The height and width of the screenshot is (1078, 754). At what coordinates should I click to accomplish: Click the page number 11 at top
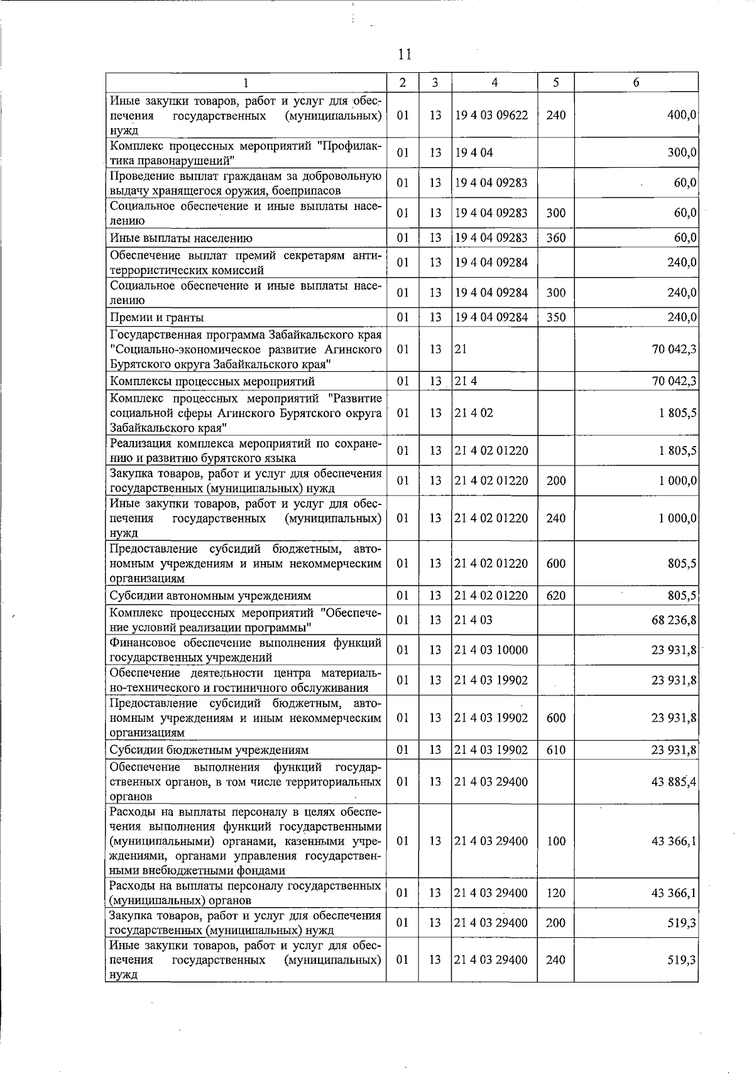[405, 54]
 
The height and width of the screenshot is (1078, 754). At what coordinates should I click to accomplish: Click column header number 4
[494, 82]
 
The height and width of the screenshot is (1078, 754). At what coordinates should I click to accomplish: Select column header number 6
[636, 82]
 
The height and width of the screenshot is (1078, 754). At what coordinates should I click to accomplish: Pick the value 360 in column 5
[555, 238]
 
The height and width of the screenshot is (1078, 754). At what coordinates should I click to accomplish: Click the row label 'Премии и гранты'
[157, 317]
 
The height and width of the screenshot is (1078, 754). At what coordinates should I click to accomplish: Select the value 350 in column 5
[555, 317]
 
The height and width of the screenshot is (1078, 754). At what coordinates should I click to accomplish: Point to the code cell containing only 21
[461, 349]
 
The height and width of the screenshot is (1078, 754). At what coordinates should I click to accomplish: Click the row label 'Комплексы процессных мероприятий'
[212, 381]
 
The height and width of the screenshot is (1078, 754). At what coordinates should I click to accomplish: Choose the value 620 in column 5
[555, 596]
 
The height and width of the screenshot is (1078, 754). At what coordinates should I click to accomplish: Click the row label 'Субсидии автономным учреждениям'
[210, 596]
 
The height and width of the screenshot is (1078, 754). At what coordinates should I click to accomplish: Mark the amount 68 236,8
[674, 620]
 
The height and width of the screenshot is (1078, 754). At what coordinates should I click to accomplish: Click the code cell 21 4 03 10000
[491, 650]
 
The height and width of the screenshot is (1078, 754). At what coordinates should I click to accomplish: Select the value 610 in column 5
[555, 750]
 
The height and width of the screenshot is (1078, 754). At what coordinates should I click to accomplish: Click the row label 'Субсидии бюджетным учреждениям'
[209, 750]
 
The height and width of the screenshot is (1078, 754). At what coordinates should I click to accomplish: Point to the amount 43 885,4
[674, 782]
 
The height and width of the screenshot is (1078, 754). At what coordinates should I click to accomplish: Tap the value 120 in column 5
[555, 893]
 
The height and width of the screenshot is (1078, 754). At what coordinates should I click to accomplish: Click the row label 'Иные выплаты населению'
[181, 238]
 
